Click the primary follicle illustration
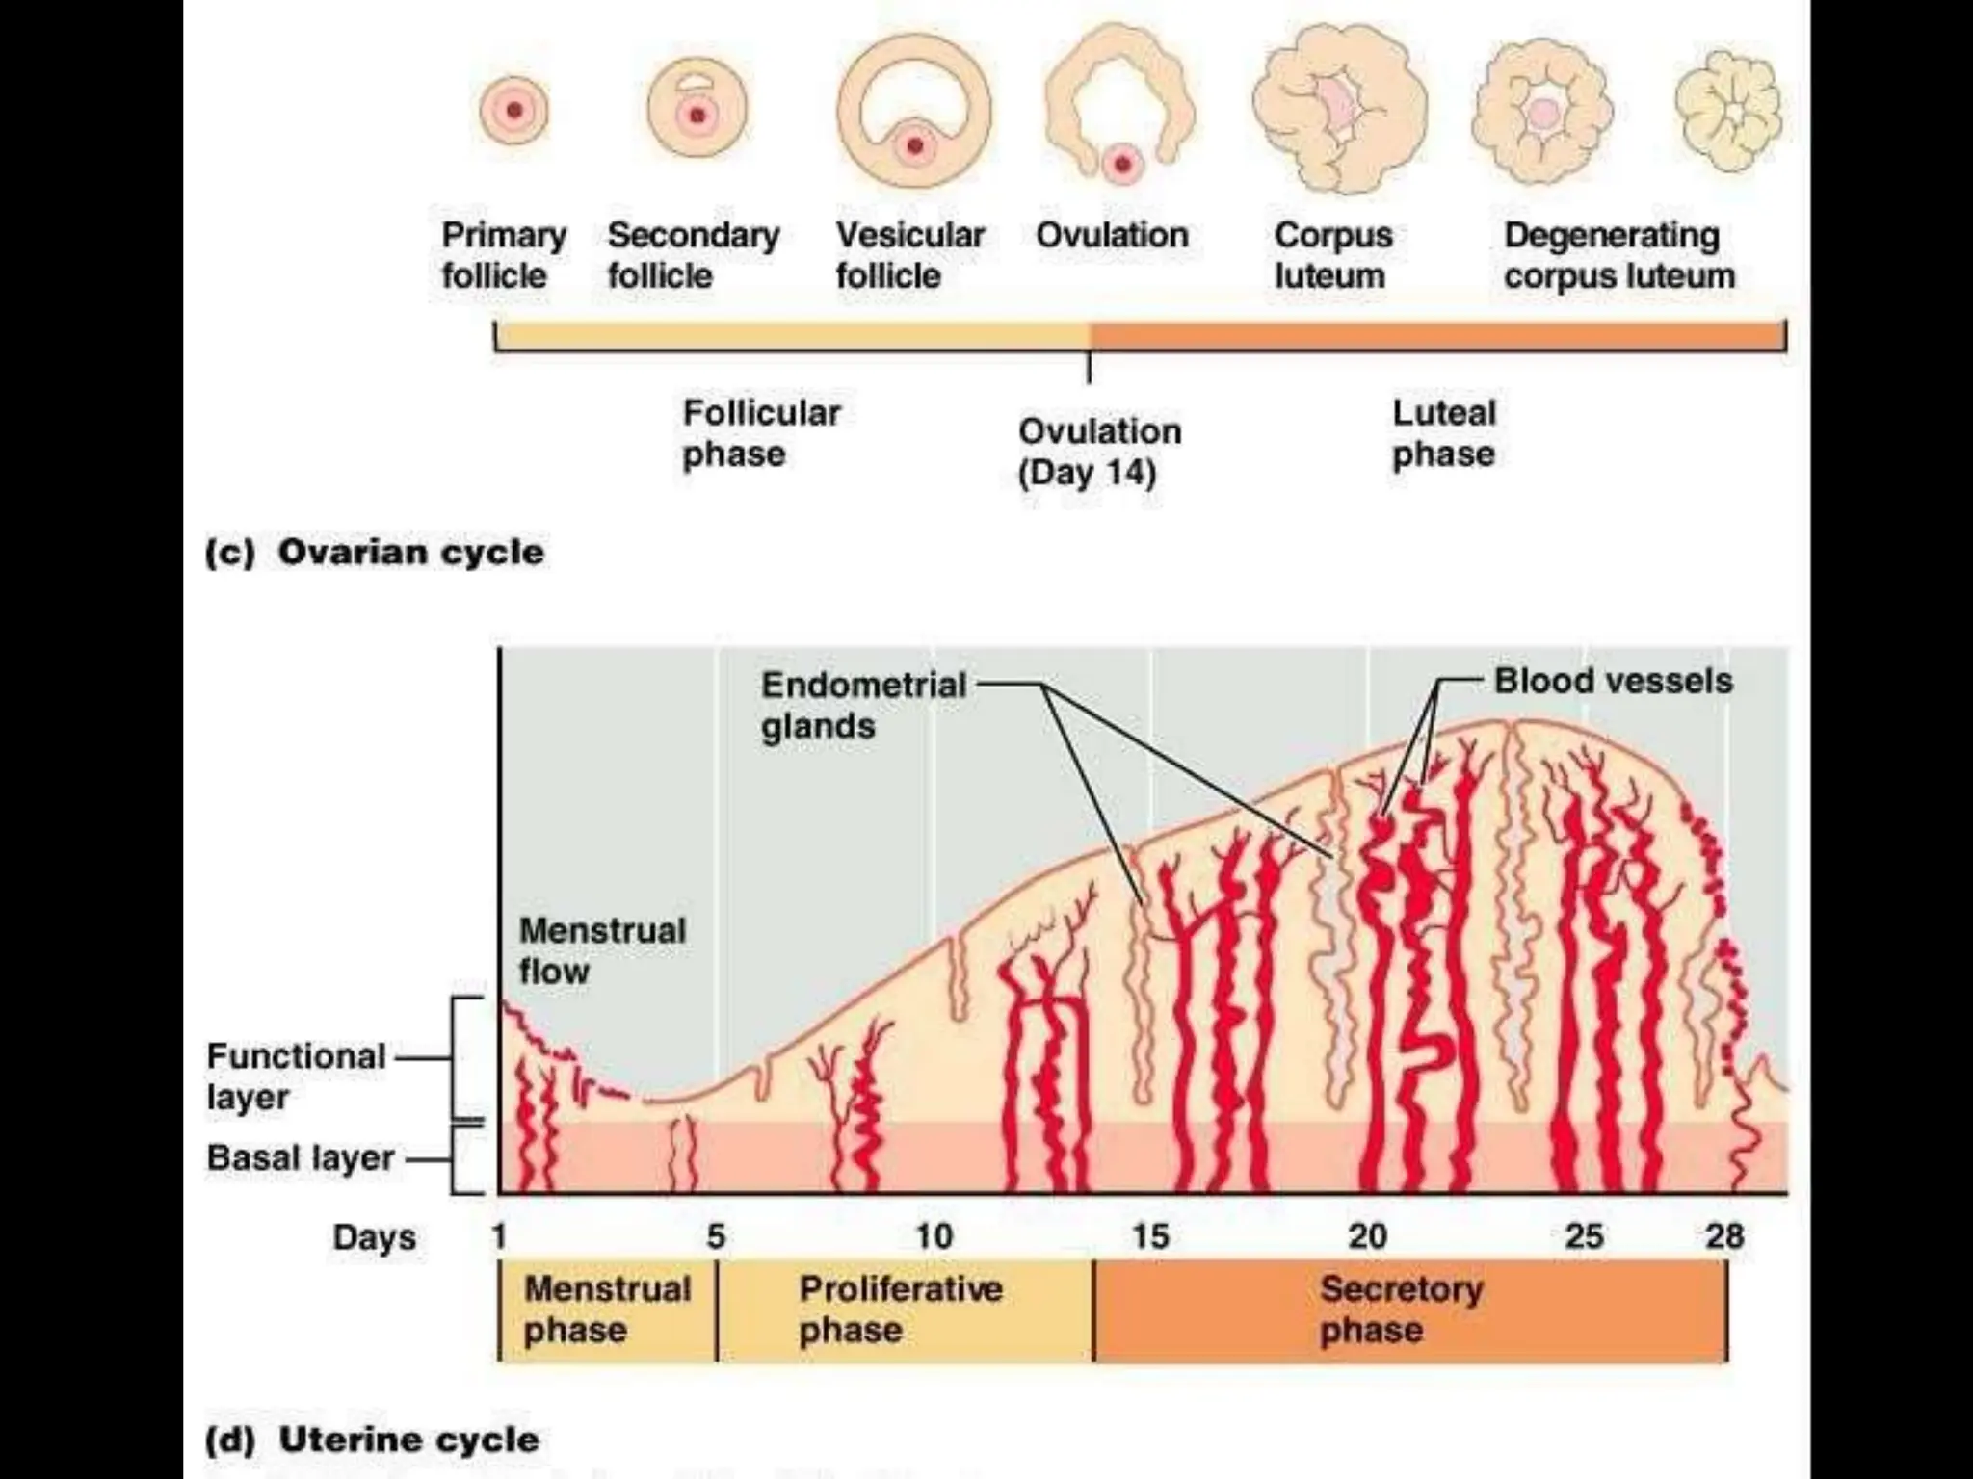point(513,111)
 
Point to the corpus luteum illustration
point(1340,109)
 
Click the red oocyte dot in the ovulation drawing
point(1122,165)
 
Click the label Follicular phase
point(761,433)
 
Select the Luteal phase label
point(1444,433)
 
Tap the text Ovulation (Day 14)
point(1099,452)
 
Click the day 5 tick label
point(716,1236)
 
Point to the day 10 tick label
point(933,1236)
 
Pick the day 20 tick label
point(1367,1236)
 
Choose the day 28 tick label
point(1724,1236)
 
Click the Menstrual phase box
point(608,1310)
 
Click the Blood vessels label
point(1613,682)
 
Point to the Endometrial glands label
point(863,705)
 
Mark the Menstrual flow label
point(602,950)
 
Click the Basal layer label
point(301,1158)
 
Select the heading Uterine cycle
point(408,1440)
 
